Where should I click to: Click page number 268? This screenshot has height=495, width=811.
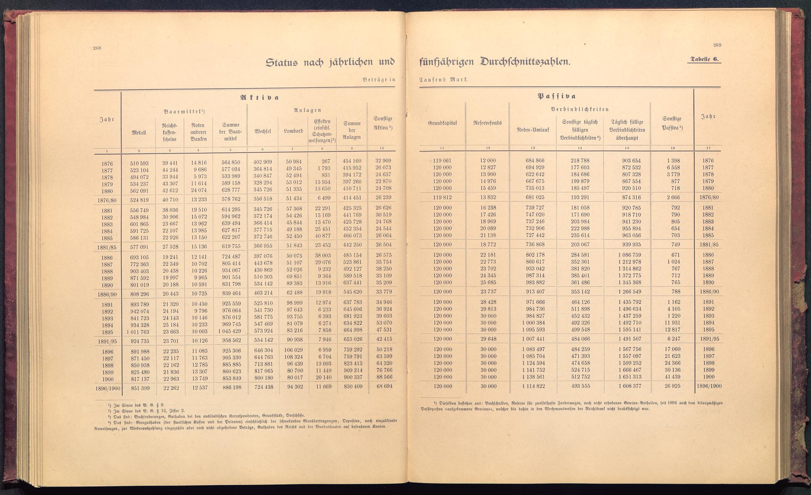pos(97,48)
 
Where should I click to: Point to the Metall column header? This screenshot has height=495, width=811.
pos(139,132)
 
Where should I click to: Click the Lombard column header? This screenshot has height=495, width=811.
pos(294,131)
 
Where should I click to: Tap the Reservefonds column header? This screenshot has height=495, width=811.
pos(488,123)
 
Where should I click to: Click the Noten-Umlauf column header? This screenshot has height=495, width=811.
pos(533,130)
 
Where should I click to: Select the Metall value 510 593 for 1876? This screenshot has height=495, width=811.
pos(139,163)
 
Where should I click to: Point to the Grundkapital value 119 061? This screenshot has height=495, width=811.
pos(442,161)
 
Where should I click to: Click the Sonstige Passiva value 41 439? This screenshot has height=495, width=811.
pos(672,377)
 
